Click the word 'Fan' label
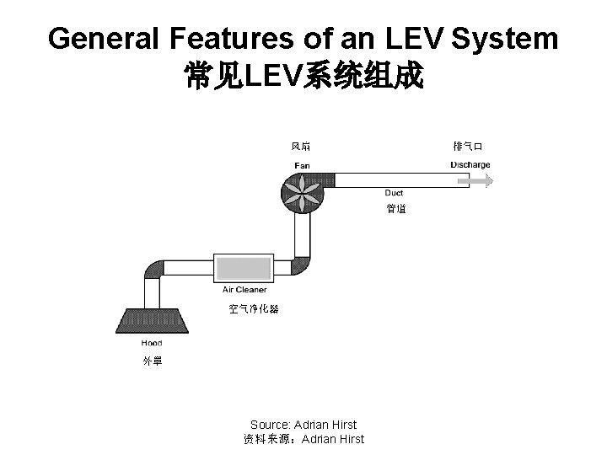click(x=301, y=165)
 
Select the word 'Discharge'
click(x=470, y=165)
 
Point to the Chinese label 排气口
click(x=467, y=147)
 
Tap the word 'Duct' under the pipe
click(x=394, y=193)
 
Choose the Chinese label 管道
click(x=396, y=208)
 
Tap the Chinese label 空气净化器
click(x=253, y=309)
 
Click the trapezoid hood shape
click(x=151, y=323)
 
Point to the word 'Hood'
click(x=152, y=343)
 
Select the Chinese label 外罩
click(x=153, y=361)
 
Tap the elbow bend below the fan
click(x=302, y=266)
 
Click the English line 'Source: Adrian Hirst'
click(x=303, y=425)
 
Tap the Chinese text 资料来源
click(x=267, y=439)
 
